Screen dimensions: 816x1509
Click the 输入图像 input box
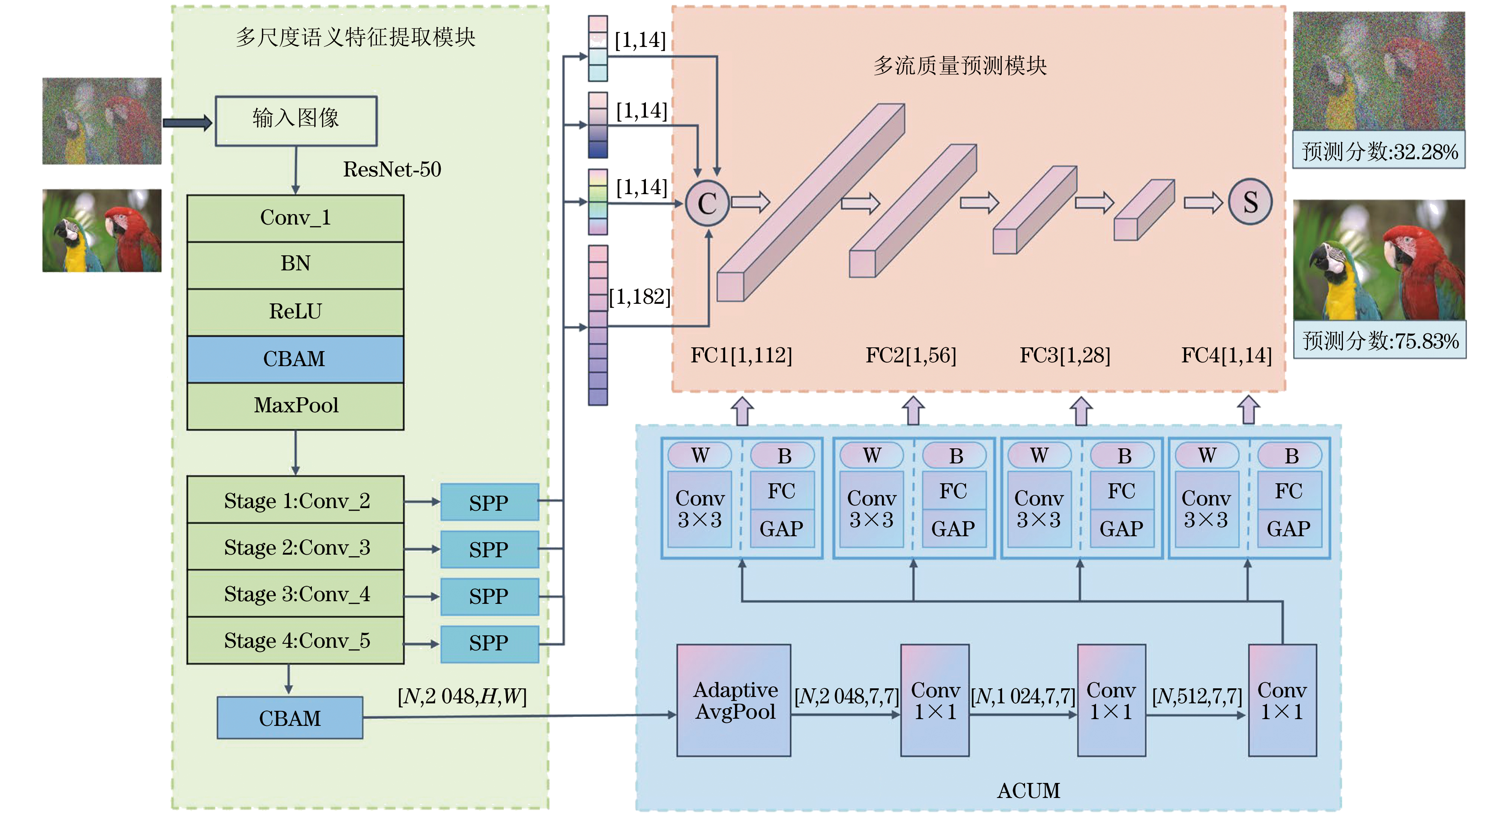[x=296, y=121]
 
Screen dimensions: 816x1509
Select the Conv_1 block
[x=295, y=218]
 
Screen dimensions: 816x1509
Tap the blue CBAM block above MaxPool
[x=295, y=359]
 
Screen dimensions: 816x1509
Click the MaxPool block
[x=295, y=406]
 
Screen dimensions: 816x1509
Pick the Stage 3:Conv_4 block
[x=295, y=594]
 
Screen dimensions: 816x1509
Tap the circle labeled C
[x=707, y=203]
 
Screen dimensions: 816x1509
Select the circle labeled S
[x=1250, y=202]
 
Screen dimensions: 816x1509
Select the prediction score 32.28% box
[x=1379, y=151]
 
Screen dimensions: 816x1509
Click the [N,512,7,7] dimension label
[x=1197, y=696]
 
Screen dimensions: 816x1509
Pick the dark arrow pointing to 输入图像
[x=187, y=122]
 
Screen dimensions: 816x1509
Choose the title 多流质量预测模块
[x=960, y=66]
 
